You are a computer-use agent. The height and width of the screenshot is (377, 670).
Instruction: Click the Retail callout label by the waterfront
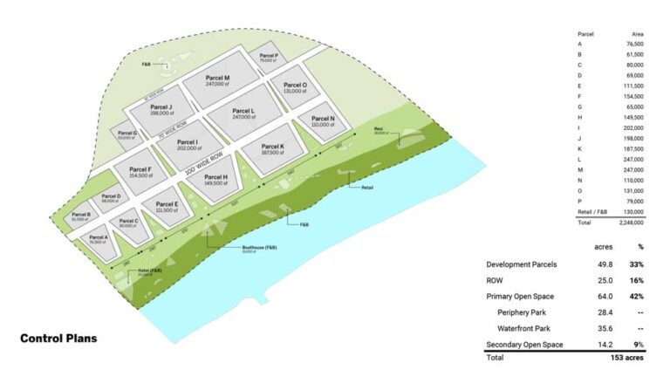click(x=353, y=187)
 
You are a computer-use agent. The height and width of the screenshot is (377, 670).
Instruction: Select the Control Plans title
click(x=58, y=338)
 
